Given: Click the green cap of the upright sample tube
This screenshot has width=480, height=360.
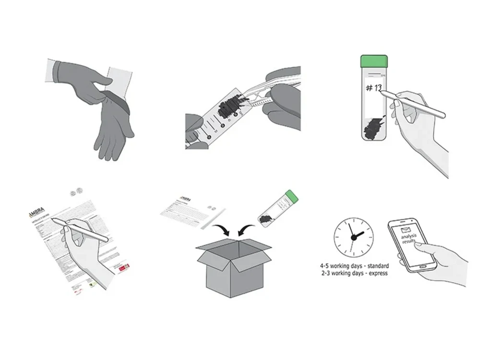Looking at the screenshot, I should [x=374, y=61].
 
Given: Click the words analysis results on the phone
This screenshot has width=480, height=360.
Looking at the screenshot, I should [x=410, y=240].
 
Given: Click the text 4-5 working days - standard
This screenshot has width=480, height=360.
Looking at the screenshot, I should [x=354, y=265].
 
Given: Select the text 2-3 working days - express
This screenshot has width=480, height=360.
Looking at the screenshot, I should [x=354, y=273].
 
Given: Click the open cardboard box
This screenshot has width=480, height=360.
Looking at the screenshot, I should [x=234, y=266].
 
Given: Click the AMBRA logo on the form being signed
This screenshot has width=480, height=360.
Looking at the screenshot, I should [x=36, y=215].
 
